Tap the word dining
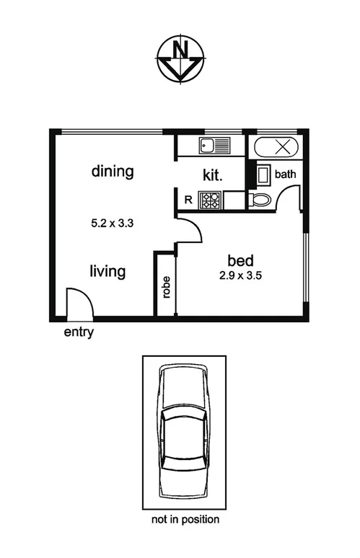(x=113, y=172)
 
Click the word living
(x=107, y=272)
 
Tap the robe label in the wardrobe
(x=166, y=286)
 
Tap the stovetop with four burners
(x=211, y=199)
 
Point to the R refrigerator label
(x=188, y=199)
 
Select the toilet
(x=260, y=200)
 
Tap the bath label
(x=285, y=174)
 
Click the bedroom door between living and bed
(x=189, y=230)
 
